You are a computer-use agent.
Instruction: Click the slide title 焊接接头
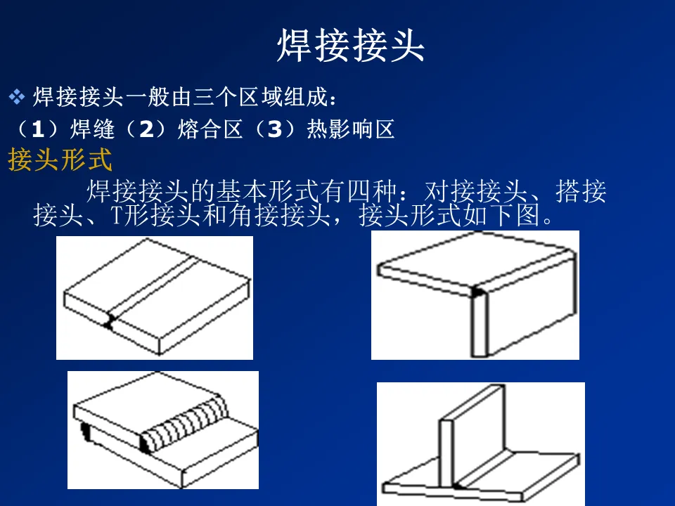point(351,45)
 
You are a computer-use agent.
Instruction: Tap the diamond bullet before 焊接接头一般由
point(17,97)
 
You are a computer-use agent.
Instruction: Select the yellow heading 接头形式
point(60,160)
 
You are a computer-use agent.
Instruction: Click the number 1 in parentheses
point(38,129)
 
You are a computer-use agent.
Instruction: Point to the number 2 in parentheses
point(147,129)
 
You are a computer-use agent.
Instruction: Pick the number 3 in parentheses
point(275,129)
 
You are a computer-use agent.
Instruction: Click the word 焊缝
point(92,129)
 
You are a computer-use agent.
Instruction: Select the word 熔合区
point(210,129)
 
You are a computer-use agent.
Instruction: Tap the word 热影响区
point(351,129)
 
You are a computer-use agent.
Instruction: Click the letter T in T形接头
point(117,215)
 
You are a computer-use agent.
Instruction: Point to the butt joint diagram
point(155,298)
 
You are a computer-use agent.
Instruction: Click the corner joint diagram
point(475,295)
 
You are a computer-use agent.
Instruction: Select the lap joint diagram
point(163,430)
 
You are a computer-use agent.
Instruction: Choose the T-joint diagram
point(481,444)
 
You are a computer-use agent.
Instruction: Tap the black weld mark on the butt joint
point(109,322)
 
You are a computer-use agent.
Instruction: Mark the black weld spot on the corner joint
point(477,292)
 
